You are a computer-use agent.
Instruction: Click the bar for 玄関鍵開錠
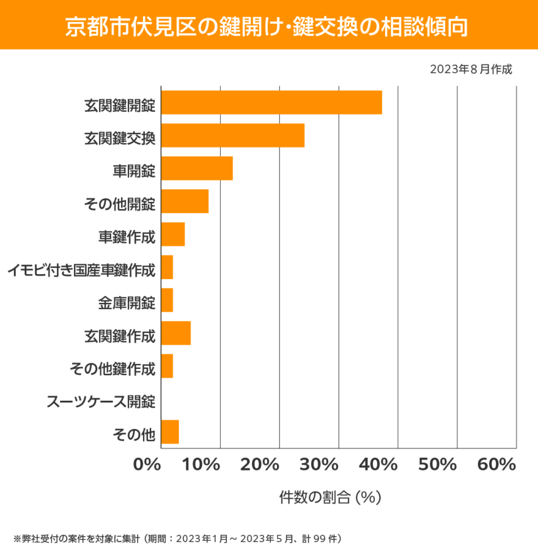pyautogui.click(x=272, y=102)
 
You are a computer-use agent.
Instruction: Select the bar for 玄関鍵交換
pyautogui.click(x=233, y=135)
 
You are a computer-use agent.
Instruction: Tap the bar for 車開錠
pyautogui.click(x=197, y=169)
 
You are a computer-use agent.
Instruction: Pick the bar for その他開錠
pyautogui.click(x=185, y=201)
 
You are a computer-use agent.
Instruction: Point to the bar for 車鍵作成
pyautogui.click(x=173, y=234)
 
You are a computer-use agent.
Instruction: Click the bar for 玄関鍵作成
pyautogui.click(x=176, y=333)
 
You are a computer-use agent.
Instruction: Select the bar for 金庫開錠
pyautogui.click(x=167, y=300)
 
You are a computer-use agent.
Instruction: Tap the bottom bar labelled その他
pyautogui.click(x=170, y=432)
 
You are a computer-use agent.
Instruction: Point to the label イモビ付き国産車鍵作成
pyautogui.click(x=81, y=270)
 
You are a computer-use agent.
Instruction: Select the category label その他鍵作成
pyautogui.click(x=112, y=368)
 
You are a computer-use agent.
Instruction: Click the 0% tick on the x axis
pyautogui.click(x=147, y=465)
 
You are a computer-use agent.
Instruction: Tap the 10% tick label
pyautogui.click(x=203, y=465)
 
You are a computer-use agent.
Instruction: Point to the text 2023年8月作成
pyautogui.click(x=471, y=69)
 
